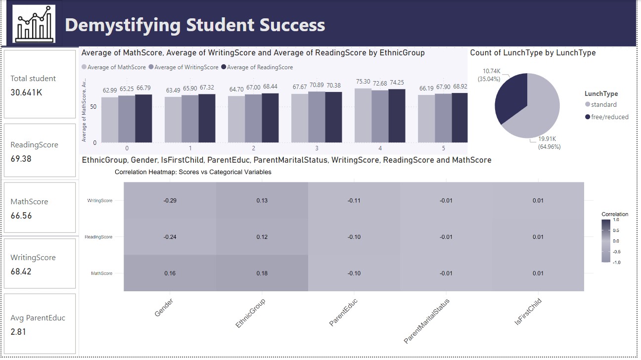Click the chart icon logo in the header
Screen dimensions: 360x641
tap(34, 24)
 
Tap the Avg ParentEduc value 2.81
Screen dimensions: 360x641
tap(18, 331)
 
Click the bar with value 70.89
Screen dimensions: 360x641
tap(317, 117)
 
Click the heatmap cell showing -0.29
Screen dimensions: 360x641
tap(170, 200)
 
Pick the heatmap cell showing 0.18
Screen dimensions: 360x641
tap(262, 273)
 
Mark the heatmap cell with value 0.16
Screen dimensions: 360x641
tap(170, 273)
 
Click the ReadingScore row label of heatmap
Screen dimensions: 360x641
tap(98, 237)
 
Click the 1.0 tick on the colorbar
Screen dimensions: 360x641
tap(616, 220)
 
